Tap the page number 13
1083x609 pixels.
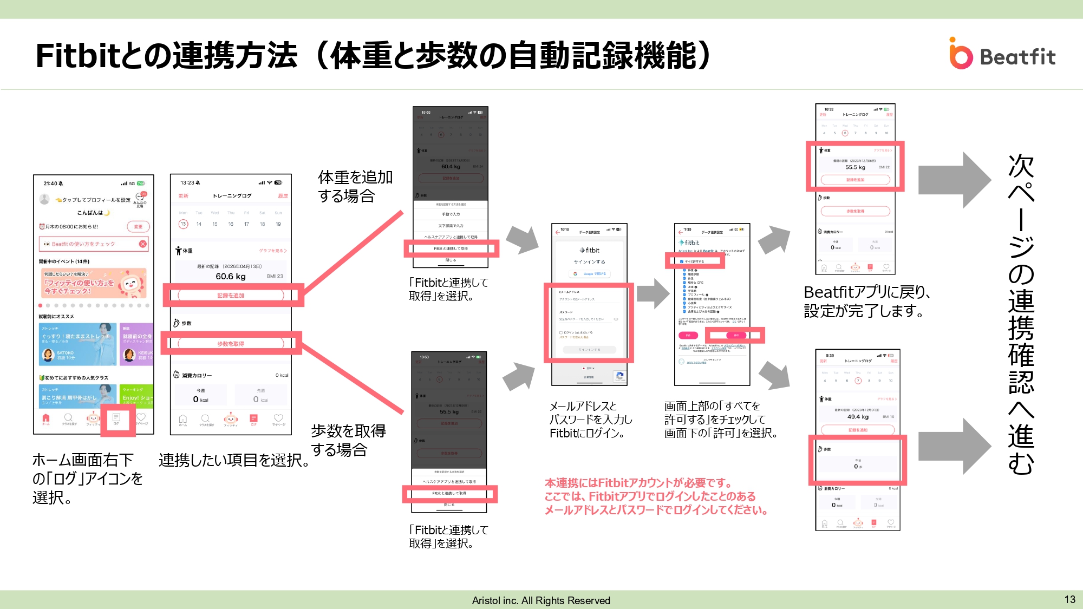tap(1069, 599)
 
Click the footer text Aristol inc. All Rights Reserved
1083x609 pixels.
tap(541, 600)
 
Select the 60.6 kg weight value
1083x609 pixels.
tap(231, 277)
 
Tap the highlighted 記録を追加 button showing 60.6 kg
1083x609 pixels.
tap(231, 296)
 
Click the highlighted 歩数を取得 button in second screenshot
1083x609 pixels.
tap(231, 344)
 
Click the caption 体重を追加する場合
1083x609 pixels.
tap(355, 186)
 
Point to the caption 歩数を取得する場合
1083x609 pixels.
tap(348, 440)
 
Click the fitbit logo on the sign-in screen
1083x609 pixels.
tap(590, 250)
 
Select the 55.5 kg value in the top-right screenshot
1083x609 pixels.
tap(855, 167)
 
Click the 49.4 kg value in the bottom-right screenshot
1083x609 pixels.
tap(858, 417)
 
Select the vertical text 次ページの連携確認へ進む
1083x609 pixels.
tap(1021, 314)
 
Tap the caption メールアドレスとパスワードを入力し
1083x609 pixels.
tap(590, 420)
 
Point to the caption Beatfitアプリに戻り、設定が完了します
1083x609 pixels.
tap(867, 302)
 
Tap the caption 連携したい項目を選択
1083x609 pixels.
tap(234, 460)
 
